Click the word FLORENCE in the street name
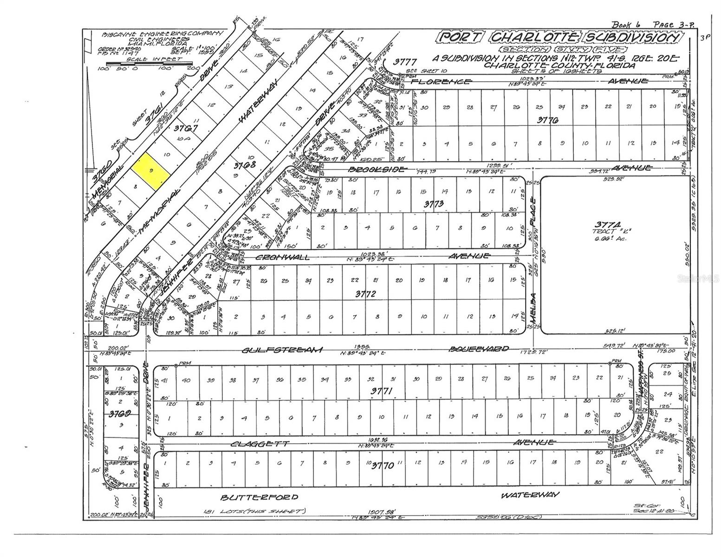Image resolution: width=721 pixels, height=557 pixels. pyautogui.click(x=442, y=82)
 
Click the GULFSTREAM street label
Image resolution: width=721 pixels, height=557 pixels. pyautogui.click(x=282, y=350)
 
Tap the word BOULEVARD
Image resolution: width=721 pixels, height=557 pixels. pyautogui.click(x=479, y=349)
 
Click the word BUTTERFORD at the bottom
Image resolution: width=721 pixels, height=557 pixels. pyautogui.click(x=259, y=498)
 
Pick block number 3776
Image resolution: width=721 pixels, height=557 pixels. pyautogui.click(x=547, y=120)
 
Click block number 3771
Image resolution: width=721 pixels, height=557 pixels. pyautogui.click(x=381, y=392)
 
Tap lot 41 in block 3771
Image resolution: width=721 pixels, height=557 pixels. pyautogui.click(x=165, y=381)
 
